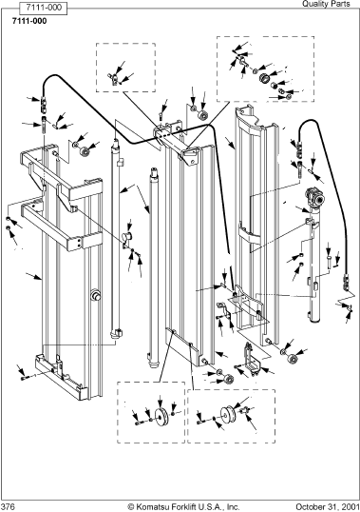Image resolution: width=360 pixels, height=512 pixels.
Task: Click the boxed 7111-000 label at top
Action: (x=44, y=9)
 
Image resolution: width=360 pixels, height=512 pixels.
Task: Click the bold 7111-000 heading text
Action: (x=29, y=21)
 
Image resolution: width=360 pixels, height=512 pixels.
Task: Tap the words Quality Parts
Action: (x=326, y=4)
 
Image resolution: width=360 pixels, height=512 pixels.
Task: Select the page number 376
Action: (x=8, y=506)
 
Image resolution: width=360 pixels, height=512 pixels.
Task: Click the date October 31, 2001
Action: (x=327, y=506)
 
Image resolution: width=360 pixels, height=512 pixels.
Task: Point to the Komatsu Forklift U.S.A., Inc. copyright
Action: (x=183, y=506)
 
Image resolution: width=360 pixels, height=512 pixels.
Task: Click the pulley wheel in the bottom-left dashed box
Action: (x=161, y=417)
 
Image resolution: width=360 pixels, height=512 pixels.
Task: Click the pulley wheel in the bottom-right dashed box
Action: (x=227, y=415)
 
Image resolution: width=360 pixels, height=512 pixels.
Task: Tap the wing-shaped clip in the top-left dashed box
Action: (x=114, y=78)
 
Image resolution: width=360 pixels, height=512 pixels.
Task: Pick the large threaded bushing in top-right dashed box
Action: (x=265, y=78)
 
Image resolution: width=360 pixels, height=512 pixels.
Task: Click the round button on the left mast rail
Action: (x=95, y=295)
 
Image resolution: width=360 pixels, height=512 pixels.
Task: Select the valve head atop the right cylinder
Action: (x=315, y=198)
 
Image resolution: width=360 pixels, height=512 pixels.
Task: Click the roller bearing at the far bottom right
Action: (x=293, y=360)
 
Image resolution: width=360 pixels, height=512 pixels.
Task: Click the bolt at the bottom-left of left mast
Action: (x=25, y=378)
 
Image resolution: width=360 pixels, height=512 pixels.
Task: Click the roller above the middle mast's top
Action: (x=204, y=116)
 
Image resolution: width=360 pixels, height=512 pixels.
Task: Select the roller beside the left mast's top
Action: (x=86, y=152)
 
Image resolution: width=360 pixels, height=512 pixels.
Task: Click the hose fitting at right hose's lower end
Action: (x=346, y=283)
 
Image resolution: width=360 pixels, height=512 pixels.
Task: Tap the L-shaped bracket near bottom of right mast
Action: (x=251, y=360)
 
